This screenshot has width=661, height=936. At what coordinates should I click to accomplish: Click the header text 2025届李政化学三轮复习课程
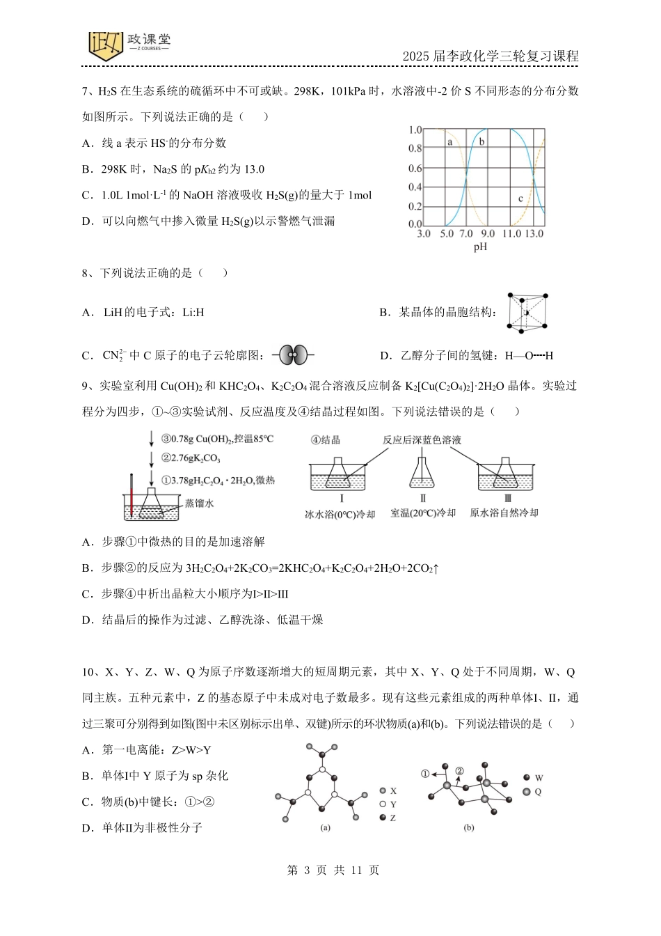[490, 56]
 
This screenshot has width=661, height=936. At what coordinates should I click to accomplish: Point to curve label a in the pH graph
[449, 142]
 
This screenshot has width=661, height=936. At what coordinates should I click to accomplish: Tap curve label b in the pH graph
[481, 141]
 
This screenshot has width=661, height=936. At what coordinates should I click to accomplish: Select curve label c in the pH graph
[520, 198]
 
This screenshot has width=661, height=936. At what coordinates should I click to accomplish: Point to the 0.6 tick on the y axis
[415, 169]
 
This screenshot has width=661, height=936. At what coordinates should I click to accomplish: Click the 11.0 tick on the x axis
[511, 234]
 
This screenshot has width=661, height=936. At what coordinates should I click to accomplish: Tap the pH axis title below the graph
[480, 247]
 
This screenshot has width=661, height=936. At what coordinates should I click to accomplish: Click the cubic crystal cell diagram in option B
[529, 312]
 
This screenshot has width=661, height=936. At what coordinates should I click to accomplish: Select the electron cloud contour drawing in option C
[293, 355]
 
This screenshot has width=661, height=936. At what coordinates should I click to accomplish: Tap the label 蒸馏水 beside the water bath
[200, 503]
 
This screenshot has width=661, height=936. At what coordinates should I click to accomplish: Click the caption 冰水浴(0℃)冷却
[340, 514]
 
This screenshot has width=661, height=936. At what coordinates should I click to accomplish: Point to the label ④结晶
[326, 440]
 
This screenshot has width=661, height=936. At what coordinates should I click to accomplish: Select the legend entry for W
[533, 778]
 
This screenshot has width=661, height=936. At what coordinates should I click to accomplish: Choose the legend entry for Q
[532, 792]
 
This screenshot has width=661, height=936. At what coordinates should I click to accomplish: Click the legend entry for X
[388, 791]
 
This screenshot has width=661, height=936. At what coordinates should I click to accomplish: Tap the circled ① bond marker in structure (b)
[425, 774]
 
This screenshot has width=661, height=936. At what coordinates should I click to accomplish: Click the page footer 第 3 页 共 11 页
[333, 870]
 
